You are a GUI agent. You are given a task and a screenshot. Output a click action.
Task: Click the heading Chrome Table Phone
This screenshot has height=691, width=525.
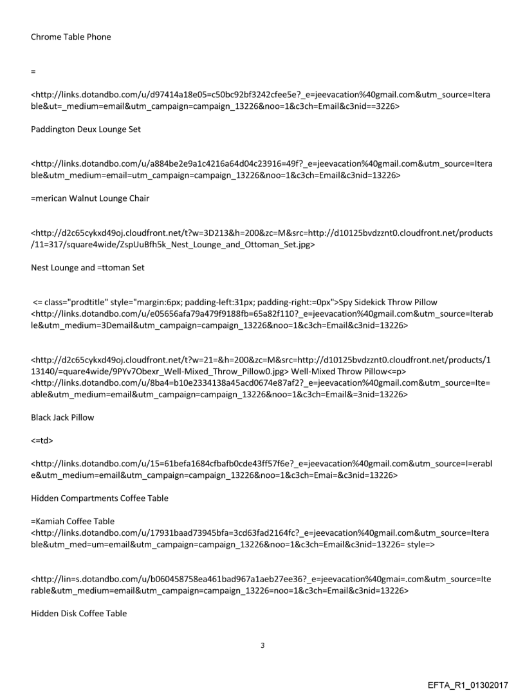tap(71, 37)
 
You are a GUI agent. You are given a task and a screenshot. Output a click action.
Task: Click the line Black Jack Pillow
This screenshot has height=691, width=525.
tap(62, 417)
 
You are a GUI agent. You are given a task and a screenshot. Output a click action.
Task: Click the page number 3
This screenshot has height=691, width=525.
tap(262, 645)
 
